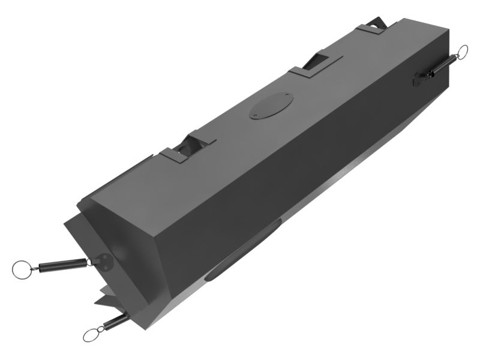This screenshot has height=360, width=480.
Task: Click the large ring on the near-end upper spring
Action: tap(22, 269)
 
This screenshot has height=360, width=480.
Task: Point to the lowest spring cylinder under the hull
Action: tap(113, 322)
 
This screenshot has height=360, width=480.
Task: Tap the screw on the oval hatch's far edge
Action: tap(287, 95)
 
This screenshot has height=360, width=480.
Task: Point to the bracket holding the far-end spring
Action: tap(421, 76)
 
